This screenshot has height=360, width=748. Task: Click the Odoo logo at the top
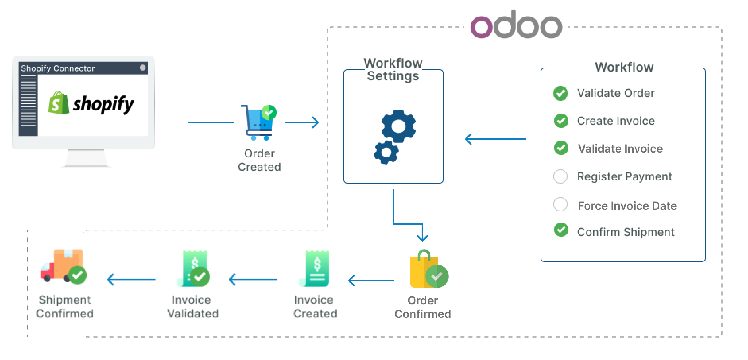[516, 25]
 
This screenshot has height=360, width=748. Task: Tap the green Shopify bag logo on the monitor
[58, 103]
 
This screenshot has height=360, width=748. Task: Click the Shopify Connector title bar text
[58, 68]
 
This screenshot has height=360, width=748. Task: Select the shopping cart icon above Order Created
[258, 122]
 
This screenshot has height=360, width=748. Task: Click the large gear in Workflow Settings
[398, 126]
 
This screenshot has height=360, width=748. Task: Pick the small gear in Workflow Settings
[386, 152]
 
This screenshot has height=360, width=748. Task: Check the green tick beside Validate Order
[560, 93]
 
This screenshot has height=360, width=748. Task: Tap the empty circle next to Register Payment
[560, 176]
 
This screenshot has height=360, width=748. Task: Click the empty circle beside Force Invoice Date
[560, 205]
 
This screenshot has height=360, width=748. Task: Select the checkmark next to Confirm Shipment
[561, 230]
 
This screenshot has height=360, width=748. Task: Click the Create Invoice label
[616, 121]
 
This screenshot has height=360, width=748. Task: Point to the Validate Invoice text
[620, 149]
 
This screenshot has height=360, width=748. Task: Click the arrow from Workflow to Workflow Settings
[495, 139]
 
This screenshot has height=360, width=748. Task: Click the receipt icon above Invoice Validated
[194, 269]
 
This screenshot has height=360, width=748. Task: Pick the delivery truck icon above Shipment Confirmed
[63, 266]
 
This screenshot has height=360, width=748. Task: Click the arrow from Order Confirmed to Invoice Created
[371, 281]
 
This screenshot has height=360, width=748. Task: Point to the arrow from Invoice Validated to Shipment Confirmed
[131, 280]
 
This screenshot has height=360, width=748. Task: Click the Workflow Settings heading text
[393, 70]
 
